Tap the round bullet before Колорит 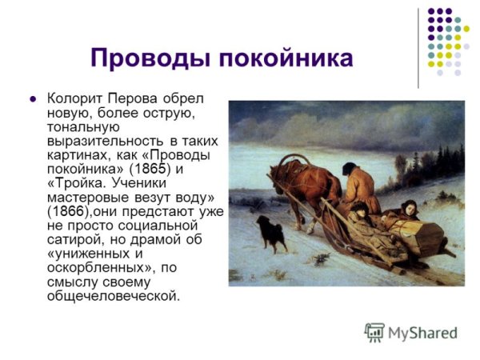(34, 100)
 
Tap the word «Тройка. (76, 183)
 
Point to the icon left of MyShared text (374, 332)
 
